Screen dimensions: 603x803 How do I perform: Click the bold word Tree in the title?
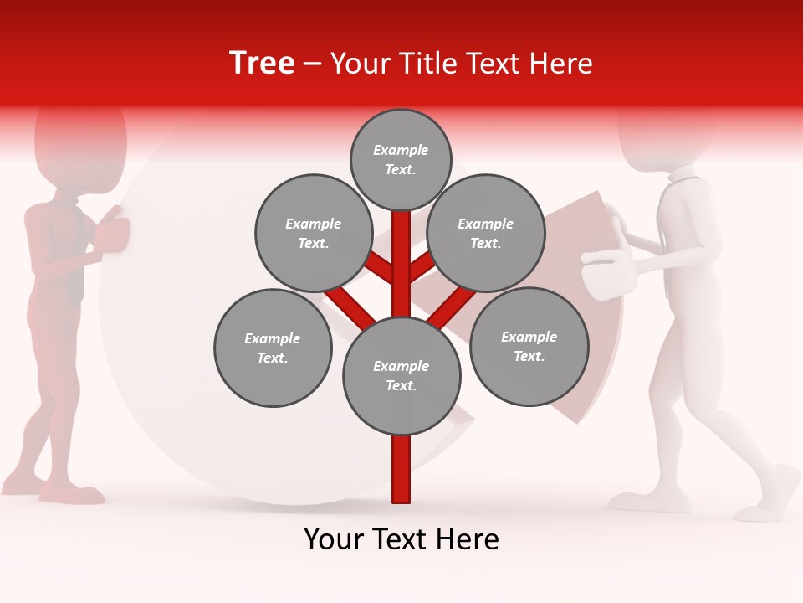click(x=262, y=64)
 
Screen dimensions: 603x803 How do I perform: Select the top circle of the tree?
click(x=401, y=159)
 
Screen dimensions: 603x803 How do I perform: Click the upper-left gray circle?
click(x=313, y=233)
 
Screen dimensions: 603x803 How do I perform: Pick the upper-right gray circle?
click(x=486, y=233)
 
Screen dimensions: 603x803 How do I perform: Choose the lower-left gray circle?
click(x=273, y=348)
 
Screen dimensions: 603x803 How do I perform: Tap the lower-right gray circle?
click(x=529, y=346)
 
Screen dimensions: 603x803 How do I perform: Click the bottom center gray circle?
click(x=401, y=375)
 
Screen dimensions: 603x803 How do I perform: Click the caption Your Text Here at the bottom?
click(x=401, y=539)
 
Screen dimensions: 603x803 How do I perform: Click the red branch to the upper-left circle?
click(x=381, y=268)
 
